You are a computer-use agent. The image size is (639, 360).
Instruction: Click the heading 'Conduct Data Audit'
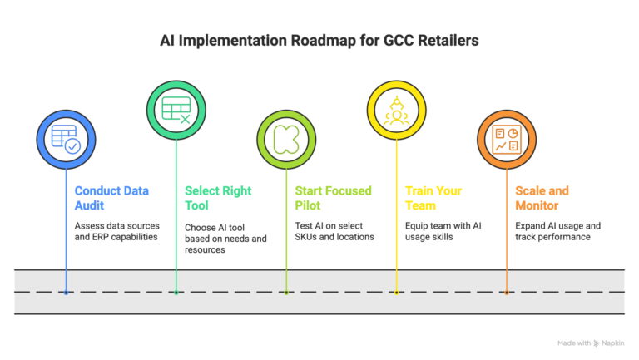[111, 197]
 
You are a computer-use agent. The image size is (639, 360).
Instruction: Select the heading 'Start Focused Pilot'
[333, 197]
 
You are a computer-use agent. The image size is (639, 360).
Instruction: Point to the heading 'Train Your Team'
[432, 197]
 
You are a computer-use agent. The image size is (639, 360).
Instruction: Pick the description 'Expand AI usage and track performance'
[557, 232]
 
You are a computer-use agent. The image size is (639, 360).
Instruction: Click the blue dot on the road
[66, 292]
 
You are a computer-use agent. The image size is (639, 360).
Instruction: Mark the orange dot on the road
[506, 292]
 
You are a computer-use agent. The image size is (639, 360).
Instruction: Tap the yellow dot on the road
[395, 292]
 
